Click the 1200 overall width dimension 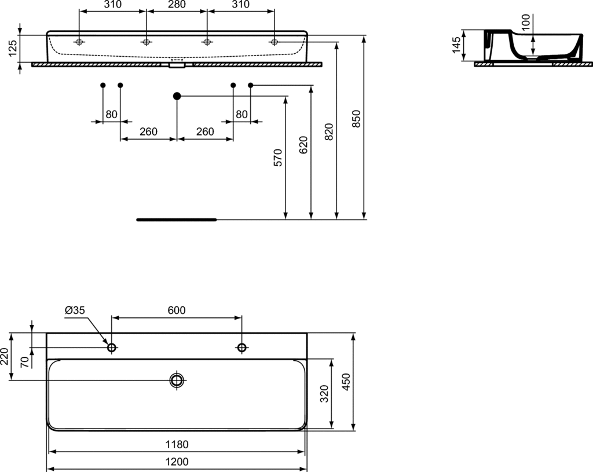pos(177,462)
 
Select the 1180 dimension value pos(177,445)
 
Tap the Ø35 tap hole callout pos(75,310)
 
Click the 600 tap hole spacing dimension pos(177,310)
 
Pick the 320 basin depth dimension pos(324,394)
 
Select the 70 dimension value pos(24,362)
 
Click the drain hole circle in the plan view pos(177,380)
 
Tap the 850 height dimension pos(357,119)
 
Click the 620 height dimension pos(303,144)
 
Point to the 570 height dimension pos(277,158)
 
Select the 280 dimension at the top pos(177,5)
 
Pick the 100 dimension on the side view pos(525,23)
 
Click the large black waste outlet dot pos(177,96)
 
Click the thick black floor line pos(176,220)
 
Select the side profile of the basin pos(533,46)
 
